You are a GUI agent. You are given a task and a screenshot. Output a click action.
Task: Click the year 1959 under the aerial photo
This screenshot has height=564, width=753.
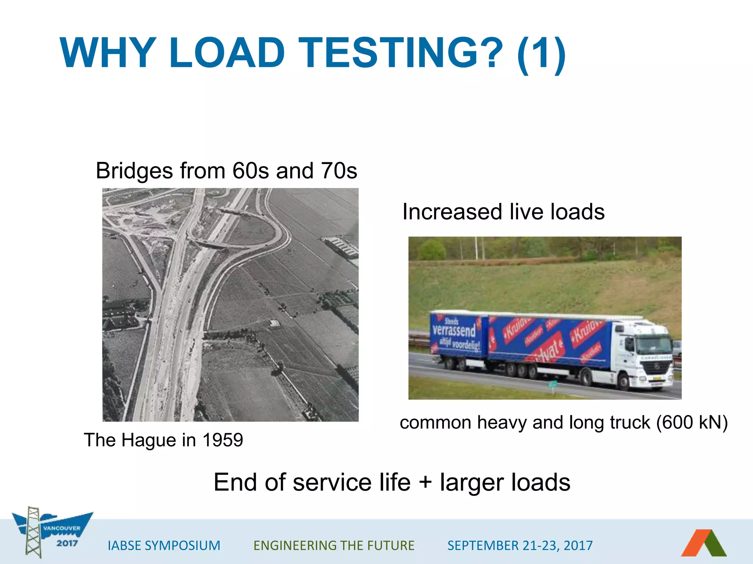222,440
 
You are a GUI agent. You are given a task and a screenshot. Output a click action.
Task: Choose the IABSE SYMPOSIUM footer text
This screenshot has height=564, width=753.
164,546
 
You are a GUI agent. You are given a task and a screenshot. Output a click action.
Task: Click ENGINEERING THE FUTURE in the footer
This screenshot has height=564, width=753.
334,546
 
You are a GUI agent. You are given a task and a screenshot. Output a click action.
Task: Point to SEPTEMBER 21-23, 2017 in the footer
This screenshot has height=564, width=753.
520,546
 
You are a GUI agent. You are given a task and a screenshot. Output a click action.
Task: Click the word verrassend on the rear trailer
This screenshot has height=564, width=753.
454,330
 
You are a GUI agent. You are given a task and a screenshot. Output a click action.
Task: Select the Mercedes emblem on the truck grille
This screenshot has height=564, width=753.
657,367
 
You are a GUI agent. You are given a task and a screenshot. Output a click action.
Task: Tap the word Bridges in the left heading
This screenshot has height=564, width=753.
134,171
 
